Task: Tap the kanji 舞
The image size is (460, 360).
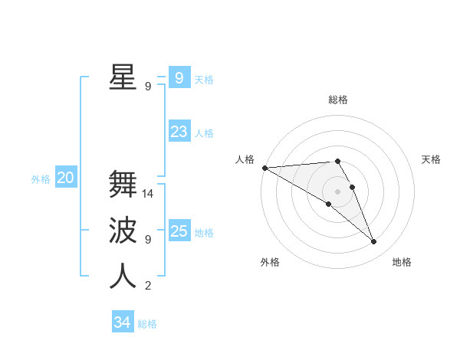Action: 123,185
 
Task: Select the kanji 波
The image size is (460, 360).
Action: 123,230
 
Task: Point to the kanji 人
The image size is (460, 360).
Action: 123,276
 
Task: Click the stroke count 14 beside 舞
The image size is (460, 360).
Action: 148,194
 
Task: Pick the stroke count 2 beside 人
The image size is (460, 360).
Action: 148,286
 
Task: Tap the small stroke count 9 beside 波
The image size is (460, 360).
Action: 148,239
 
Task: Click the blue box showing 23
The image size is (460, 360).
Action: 179,132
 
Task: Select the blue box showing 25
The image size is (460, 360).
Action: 179,231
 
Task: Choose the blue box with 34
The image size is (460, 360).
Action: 122,322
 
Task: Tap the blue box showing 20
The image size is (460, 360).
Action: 66,178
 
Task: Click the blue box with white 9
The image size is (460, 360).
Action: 179,78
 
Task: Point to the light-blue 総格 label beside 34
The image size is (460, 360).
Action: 147,324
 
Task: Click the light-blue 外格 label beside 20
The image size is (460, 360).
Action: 41,179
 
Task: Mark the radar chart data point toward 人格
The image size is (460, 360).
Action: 264,168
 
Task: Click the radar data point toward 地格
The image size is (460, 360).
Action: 374,242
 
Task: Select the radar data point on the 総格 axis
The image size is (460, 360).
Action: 337,161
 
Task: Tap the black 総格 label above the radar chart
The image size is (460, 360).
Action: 337,100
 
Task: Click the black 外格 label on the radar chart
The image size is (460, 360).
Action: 270,263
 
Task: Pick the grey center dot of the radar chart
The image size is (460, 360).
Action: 337,191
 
